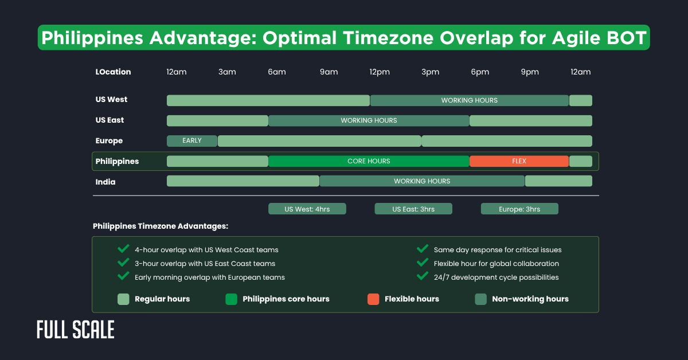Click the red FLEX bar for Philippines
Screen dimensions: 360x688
pyautogui.click(x=519, y=161)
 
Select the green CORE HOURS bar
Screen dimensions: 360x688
pyautogui.click(x=369, y=161)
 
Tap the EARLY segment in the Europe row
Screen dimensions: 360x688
pyautogui.click(x=192, y=140)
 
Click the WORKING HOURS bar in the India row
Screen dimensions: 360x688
pyautogui.click(x=422, y=181)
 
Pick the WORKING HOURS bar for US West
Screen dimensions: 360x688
pyautogui.click(x=469, y=100)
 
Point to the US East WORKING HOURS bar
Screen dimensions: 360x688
pyautogui.click(x=369, y=120)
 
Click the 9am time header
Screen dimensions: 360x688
pyautogui.click(x=329, y=72)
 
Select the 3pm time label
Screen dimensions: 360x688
pyautogui.click(x=430, y=72)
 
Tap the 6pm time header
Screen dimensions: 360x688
pyautogui.click(x=480, y=72)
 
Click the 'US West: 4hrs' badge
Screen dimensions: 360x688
pyautogui.click(x=307, y=209)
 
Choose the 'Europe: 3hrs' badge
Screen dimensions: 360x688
pyautogui.click(x=519, y=209)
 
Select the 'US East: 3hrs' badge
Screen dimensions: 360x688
pyautogui.click(x=413, y=209)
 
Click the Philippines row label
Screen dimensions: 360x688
pyautogui.click(x=117, y=161)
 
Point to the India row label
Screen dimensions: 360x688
pyautogui.click(x=105, y=182)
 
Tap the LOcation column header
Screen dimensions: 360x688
pyautogui.click(x=113, y=72)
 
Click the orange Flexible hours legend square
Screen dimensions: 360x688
pyautogui.click(x=373, y=299)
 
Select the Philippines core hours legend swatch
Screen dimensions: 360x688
pyautogui.click(x=231, y=299)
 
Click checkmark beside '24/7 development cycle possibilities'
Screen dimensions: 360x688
pyautogui.click(x=423, y=276)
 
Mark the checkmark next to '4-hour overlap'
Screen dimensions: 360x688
pyautogui.click(x=123, y=249)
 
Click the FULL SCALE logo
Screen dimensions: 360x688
pyautogui.click(x=75, y=330)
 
